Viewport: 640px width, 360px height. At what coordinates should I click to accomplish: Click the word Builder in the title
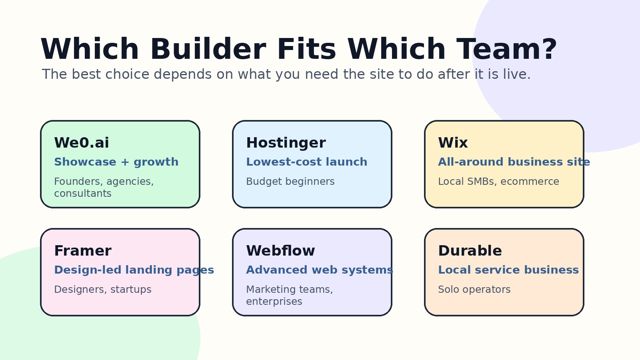click(x=208, y=49)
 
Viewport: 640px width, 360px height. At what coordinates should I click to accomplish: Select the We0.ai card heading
click(x=82, y=142)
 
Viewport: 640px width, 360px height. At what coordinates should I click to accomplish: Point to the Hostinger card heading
click(x=286, y=143)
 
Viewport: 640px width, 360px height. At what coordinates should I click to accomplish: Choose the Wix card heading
click(x=453, y=142)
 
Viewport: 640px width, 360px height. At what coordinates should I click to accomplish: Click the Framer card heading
click(x=83, y=250)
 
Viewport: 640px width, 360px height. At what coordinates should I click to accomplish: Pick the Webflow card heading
click(x=280, y=250)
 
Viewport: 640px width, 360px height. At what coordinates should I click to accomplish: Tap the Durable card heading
click(x=470, y=250)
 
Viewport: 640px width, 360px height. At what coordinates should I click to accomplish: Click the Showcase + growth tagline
click(x=116, y=162)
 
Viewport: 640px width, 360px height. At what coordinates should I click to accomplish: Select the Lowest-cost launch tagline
click(x=307, y=162)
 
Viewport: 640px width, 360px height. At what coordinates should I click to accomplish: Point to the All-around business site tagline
click(x=514, y=162)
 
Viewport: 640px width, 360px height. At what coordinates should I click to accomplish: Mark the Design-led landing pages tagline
click(x=134, y=270)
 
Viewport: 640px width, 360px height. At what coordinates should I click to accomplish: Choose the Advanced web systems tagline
click(x=320, y=270)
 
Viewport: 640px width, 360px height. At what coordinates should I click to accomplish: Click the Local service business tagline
click(x=508, y=270)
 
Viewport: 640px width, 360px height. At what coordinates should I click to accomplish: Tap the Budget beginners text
click(x=290, y=182)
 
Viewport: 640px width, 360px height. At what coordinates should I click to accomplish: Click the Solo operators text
click(x=474, y=290)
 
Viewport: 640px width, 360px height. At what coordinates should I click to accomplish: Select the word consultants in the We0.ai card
click(x=83, y=194)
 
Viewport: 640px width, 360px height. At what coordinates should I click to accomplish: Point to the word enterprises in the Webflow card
click(x=274, y=302)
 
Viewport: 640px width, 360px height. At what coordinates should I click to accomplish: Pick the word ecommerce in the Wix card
click(x=530, y=182)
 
